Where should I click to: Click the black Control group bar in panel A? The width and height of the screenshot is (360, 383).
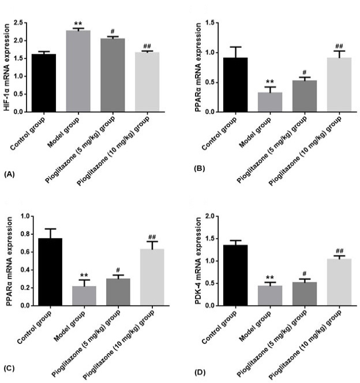tap(44, 83)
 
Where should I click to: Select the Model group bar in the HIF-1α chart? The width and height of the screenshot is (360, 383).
tap(78, 71)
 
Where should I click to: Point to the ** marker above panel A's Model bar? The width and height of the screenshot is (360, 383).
tap(78, 24)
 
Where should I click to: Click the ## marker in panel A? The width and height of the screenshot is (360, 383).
tap(147, 46)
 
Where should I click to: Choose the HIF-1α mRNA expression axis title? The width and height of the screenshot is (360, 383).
tap(7, 67)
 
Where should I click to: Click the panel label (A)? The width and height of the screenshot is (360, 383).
tap(10, 174)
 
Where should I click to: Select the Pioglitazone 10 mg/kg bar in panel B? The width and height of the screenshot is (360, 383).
tap(339, 85)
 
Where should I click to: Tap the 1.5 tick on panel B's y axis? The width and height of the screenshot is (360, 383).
tap(209, 22)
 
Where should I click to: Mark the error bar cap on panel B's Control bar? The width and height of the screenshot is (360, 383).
tap(236, 47)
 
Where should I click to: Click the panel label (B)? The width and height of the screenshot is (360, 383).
tap(199, 168)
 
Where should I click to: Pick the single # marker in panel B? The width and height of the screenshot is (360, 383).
tap(305, 72)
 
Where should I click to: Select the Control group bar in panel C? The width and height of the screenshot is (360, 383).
tap(50, 272)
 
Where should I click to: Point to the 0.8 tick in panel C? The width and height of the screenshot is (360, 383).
tap(25, 234)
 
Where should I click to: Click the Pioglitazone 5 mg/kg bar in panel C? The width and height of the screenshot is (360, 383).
tap(118, 292)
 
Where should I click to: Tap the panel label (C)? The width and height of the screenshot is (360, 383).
tap(10, 368)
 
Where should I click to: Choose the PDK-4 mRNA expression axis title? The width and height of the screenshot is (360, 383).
tap(198, 261)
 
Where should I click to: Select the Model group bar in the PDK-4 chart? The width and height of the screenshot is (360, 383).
tap(270, 295)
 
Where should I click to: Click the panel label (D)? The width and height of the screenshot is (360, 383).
tap(200, 373)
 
